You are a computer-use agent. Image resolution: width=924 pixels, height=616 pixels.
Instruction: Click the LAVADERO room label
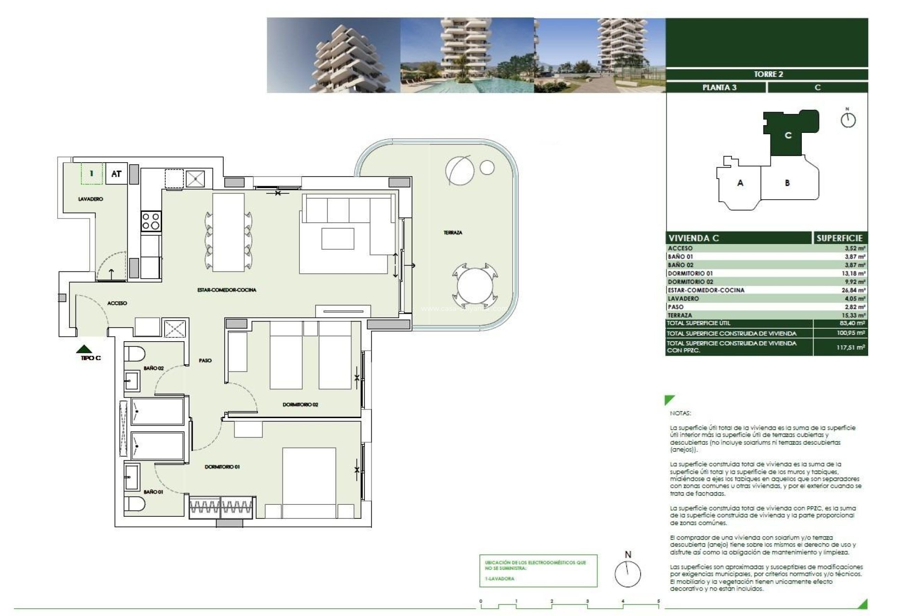[90, 199]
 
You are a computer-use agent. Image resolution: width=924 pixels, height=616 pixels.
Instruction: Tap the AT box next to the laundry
[116, 174]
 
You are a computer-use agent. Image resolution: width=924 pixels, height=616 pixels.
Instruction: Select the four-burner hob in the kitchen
[151, 221]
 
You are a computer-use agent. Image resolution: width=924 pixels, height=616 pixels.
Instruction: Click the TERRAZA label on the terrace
[452, 232]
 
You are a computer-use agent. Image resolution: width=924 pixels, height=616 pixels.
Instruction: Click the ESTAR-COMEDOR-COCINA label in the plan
[227, 290]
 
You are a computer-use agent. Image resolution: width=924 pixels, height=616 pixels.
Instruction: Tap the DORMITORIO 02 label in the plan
[300, 405]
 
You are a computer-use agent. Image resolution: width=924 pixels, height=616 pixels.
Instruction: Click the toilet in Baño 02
[134, 354]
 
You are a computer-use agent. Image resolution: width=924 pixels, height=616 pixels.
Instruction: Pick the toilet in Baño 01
[134, 504]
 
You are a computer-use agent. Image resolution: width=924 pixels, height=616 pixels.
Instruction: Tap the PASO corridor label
[205, 360]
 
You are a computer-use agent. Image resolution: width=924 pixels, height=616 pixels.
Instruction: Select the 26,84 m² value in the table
[855, 290]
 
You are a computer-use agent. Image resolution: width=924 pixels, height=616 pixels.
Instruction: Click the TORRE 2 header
[768, 74]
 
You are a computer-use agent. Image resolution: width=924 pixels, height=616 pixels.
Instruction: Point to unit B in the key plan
[787, 183]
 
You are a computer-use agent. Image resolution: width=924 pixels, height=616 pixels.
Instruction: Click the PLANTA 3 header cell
[719, 88]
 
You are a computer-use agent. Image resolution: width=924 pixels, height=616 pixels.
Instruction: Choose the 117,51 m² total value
[850, 347]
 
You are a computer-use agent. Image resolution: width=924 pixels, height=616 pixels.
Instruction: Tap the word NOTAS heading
[680, 413]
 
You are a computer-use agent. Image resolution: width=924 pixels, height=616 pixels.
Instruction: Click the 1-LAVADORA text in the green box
[500, 578]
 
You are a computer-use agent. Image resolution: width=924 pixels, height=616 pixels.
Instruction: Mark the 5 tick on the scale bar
[658, 602]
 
